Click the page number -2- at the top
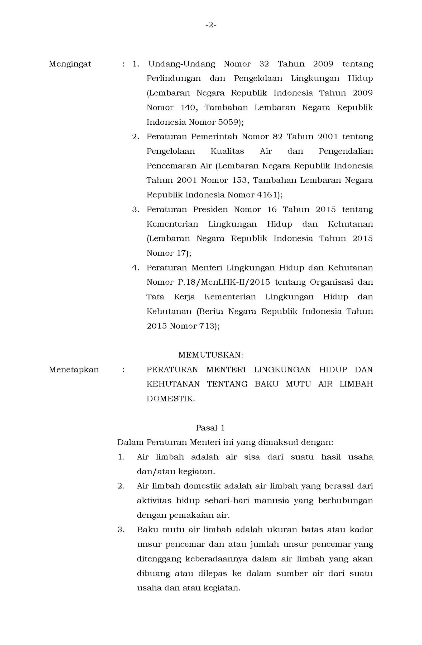[211, 25]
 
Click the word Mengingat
[70, 64]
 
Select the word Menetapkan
[74, 370]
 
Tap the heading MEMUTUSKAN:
[210, 355]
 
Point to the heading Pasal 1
[210, 428]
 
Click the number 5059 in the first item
[228, 122]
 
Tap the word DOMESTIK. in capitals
[171, 399]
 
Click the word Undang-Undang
[181, 64]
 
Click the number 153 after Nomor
[240, 180]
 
